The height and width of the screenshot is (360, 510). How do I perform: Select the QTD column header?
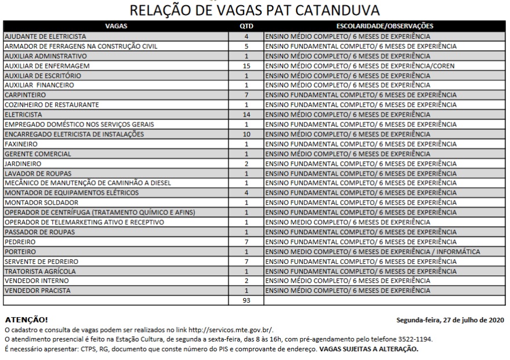(x=246, y=26)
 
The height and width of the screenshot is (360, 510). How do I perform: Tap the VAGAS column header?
(x=116, y=26)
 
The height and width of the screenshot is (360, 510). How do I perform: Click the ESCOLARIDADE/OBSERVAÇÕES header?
(x=385, y=26)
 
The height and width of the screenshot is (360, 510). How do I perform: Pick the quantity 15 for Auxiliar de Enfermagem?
(x=246, y=66)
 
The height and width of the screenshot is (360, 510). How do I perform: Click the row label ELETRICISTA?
(x=23, y=115)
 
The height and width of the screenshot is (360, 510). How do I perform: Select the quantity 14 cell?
(x=246, y=115)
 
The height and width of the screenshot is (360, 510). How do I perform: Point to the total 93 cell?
(x=246, y=300)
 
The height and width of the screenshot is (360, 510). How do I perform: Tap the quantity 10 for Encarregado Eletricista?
(x=246, y=134)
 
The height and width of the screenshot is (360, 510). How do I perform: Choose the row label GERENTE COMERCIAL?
(x=38, y=154)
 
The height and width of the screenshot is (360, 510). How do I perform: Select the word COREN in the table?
(x=444, y=66)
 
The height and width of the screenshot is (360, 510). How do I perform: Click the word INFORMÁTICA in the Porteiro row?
(x=458, y=252)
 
